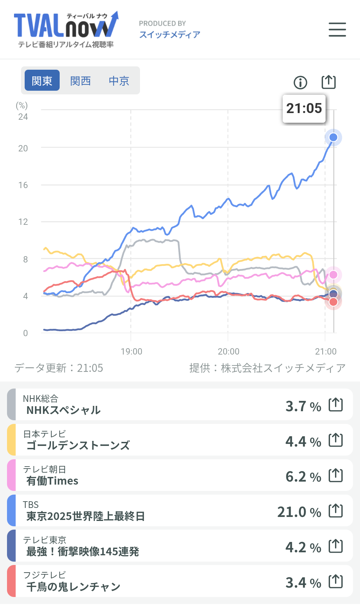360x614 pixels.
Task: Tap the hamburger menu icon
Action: (x=337, y=29)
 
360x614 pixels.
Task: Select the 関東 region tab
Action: (x=42, y=80)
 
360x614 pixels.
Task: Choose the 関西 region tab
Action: (x=80, y=80)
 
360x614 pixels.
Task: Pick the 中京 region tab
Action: (x=119, y=80)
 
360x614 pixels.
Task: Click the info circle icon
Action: (x=300, y=82)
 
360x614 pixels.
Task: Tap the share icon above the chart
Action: (x=328, y=82)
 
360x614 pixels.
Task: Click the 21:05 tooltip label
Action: (x=304, y=108)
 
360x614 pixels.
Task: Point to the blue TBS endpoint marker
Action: (x=333, y=137)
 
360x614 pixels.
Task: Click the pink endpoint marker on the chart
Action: (x=333, y=275)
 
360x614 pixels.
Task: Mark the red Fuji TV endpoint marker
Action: (x=333, y=302)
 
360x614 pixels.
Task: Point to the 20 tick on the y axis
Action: (x=23, y=148)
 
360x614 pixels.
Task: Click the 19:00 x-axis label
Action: (x=131, y=352)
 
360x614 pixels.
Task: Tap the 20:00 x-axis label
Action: (x=228, y=352)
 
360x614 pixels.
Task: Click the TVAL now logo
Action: (x=66, y=29)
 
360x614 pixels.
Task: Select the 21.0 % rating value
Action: (x=299, y=512)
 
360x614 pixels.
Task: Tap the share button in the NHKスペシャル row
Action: (x=336, y=405)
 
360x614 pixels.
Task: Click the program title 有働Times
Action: (x=52, y=481)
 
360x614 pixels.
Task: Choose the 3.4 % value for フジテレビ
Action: (x=303, y=583)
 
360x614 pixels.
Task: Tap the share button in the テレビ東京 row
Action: (x=336, y=546)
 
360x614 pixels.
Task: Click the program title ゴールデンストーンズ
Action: (x=78, y=446)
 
